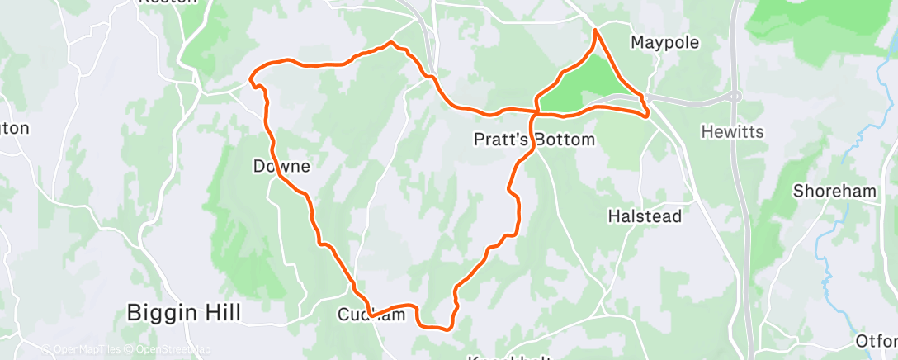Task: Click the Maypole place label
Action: click(664, 42)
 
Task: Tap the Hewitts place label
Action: click(732, 131)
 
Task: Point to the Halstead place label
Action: click(645, 216)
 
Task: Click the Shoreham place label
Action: click(834, 191)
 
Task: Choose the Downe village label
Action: click(281, 167)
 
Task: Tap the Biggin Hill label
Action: click(184, 313)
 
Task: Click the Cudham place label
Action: click(371, 315)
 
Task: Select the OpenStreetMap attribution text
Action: click(170, 350)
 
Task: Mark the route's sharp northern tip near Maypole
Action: click(596, 31)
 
